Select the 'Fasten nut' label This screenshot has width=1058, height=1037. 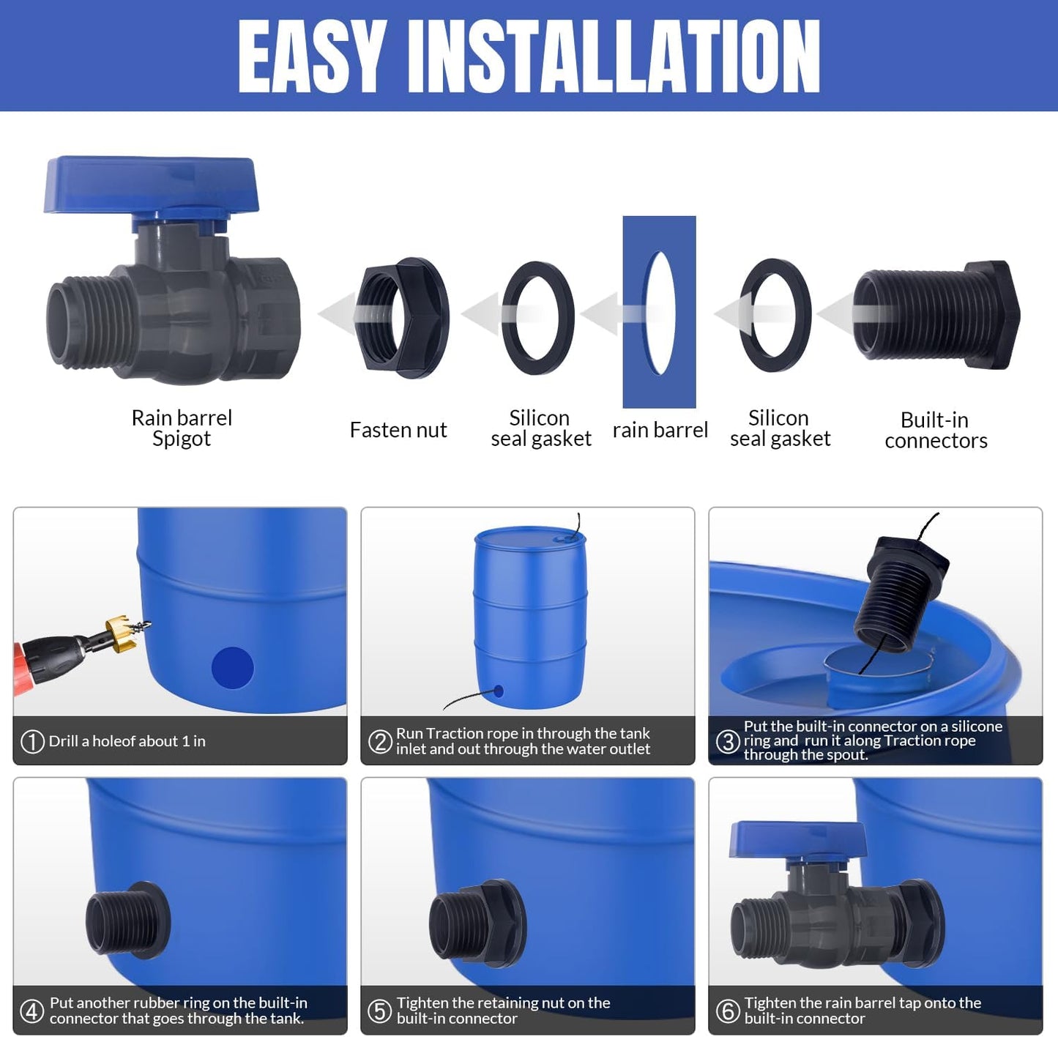click(398, 430)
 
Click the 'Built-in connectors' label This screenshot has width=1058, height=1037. click(935, 430)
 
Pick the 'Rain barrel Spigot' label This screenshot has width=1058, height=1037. click(182, 428)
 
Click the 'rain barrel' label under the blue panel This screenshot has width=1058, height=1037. click(660, 430)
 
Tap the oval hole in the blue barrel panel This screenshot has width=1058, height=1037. click(659, 313)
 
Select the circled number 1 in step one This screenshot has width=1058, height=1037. click(32, 741)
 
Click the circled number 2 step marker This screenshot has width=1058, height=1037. click(380, 741)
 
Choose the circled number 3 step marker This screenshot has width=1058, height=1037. click(728, 741)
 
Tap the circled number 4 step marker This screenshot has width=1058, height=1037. click(31, 1011)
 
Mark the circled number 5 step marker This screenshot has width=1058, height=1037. click(379, 1011)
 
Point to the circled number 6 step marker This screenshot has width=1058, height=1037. click(727, 1011)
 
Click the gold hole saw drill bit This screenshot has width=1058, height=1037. click(121, 634)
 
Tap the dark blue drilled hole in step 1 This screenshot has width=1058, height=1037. click(233, 668)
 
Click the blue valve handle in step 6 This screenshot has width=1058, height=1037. click(798, 839)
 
